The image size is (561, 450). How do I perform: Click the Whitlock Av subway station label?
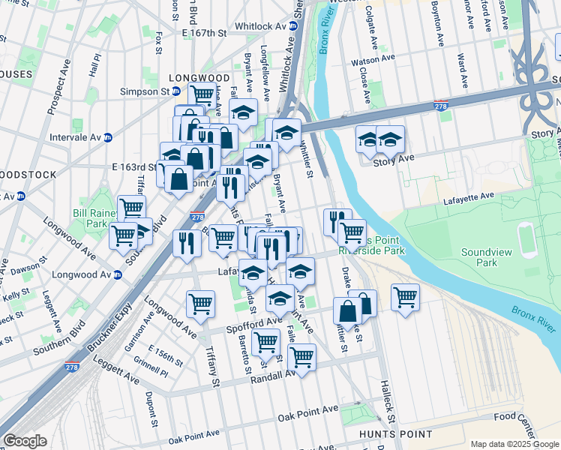(x=260, y=25)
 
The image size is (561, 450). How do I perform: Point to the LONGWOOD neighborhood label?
(x=199, y=78)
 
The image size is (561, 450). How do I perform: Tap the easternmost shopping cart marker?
(x=406, y=297)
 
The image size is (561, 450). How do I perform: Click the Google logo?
(x=25, y=441)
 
